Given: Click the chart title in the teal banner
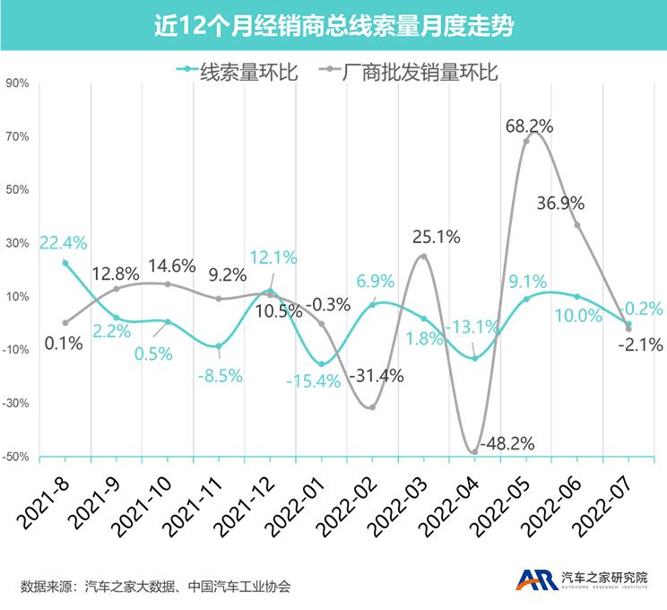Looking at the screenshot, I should [x=333, y=25].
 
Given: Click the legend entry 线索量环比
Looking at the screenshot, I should [x=238, y=71].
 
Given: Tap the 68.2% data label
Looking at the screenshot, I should [x=529, y=126].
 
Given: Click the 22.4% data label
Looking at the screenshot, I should [x=63, y=242].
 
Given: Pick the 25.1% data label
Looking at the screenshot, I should [x=436, y=238].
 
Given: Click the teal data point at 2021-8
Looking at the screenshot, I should [x=65, y=263].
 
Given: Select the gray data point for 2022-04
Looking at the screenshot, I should [x=474, y=452].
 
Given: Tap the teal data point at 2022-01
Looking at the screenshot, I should [x=321, y=363].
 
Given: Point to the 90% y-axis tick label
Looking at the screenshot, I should [x=18, y=83].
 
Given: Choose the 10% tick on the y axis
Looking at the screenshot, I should [x=18, y=297].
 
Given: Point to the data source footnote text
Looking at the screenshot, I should [x=155, y=587].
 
